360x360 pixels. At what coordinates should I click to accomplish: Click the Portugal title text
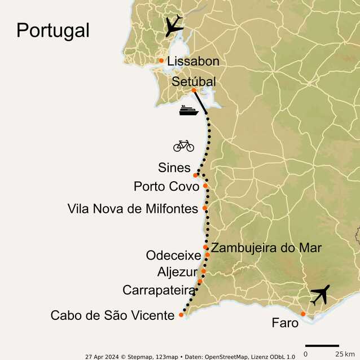click(52, 30)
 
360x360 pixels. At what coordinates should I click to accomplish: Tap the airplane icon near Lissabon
click(174, 25)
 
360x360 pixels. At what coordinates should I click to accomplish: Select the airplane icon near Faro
click(319, 295)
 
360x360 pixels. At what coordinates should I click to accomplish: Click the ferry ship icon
click(189, 110)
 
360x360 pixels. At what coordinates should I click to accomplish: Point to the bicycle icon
click(183, 146)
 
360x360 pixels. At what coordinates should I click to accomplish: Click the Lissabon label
click(193, 61)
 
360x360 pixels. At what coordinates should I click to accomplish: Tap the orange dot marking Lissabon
click(161, 60)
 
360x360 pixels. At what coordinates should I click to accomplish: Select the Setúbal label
click(194, 82)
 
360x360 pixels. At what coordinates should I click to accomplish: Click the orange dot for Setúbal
click(194, 90)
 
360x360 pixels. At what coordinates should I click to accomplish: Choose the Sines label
click(174, 168)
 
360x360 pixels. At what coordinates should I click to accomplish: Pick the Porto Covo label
click(166, 186)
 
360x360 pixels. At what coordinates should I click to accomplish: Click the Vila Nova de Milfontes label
click(133, 209)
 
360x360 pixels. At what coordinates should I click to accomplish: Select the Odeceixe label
click(173, 256)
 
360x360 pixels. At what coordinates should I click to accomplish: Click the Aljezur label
click(178, 273)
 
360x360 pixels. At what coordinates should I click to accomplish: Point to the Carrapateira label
click(159, 290)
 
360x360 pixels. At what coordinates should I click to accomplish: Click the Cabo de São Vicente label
click(112, 315)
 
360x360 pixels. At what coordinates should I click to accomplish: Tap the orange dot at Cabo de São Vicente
click(181, 315)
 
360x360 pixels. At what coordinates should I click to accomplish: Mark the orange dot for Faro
click(303, 314)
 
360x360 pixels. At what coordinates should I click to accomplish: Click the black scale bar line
click(322, 345)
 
